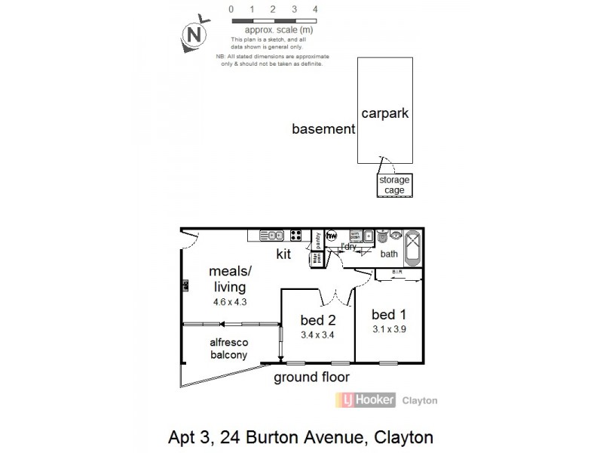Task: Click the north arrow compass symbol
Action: point(194,33)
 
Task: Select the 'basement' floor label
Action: point(323,129)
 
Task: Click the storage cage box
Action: point(394,185)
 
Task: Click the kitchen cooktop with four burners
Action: point(296,235)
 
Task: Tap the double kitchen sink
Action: point(270,235)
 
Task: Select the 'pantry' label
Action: point(317,239)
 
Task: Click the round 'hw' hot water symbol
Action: point(331,236)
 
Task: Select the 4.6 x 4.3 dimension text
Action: point(230,302)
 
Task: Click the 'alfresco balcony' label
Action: point(228,349)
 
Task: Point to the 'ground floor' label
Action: point(311,377)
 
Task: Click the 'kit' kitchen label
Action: point(283,255)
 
